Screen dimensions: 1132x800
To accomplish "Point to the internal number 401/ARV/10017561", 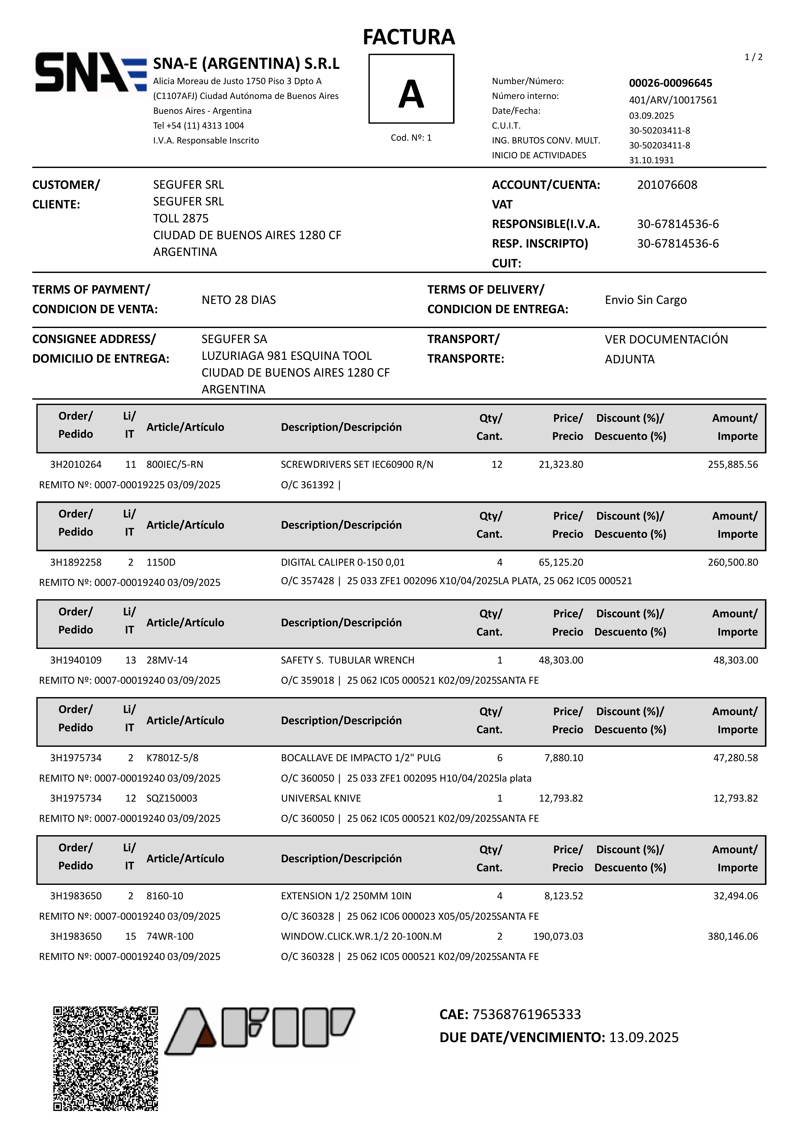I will click(x=673, y=100).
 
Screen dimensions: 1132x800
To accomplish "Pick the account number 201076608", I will click(x=667, y=185).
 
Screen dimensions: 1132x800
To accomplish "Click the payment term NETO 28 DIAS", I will click(x=239, y=300).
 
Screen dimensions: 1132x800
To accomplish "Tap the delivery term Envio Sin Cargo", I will click(x=646, y=300).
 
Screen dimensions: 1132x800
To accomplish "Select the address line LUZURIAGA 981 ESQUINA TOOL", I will click(x=287, y=356).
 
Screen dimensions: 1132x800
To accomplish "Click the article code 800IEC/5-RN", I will click(x=175, y=464).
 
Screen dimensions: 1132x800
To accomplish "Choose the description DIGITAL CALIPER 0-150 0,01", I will click(x=343, y=562).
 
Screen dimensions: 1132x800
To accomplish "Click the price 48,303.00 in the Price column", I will click(x=561, y=660).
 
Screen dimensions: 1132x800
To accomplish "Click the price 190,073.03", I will click(x=558, y=936).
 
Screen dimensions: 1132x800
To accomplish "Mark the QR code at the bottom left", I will click(x=106, y=1058).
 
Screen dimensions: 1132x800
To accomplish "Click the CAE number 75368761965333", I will click(x=526, y=1014).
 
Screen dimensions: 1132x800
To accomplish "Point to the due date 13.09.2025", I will click(x=644, y=1037).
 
